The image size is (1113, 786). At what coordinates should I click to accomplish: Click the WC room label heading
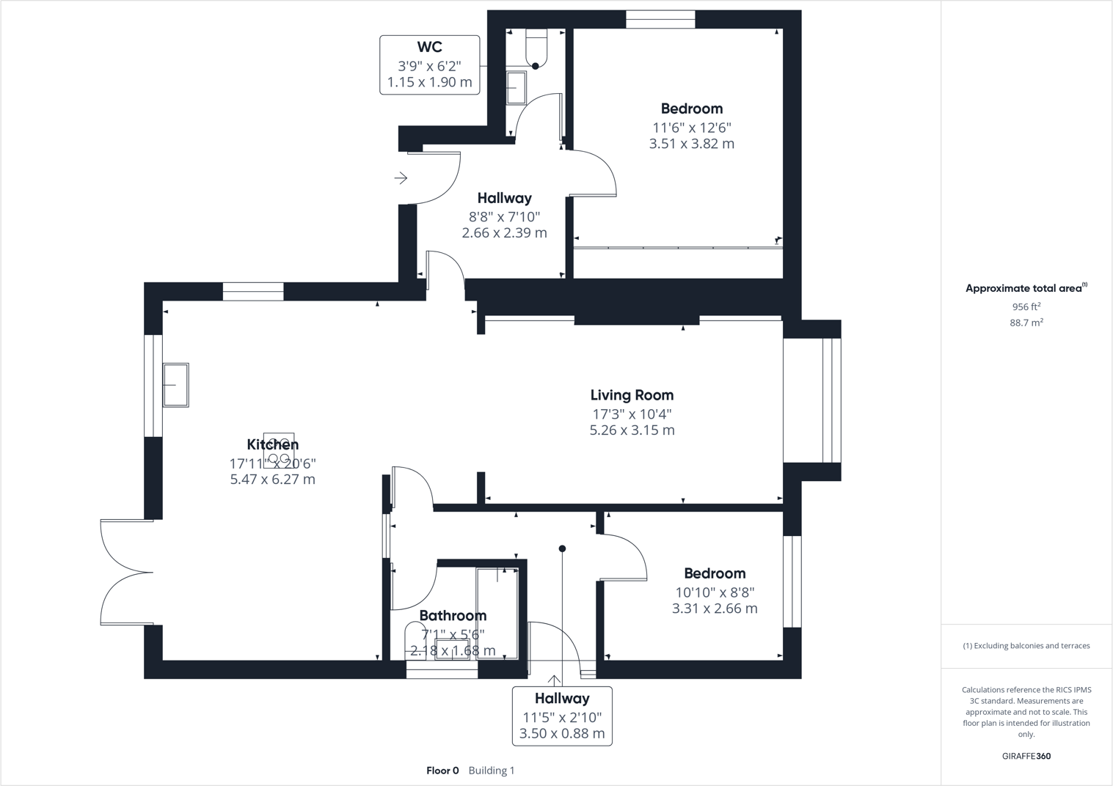[x=429, y=47]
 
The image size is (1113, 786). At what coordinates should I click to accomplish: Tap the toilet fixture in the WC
[x=536, y=48]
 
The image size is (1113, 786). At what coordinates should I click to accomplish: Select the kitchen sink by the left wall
[x=175, y=385]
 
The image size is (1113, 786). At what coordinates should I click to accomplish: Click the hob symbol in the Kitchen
[x=279, y=449]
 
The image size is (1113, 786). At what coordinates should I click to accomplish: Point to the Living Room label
[x=632, y=395]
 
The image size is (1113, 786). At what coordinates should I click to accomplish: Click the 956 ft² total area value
[x=1026, y=307]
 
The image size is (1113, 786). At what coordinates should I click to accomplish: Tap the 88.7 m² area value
[x=1026, y=323]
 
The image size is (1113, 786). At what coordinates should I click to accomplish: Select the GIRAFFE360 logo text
[x=1026, y=756]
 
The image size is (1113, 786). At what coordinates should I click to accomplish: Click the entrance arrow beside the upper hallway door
[x=401, y=178]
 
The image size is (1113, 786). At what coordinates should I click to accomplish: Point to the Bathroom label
[x=453, y=616]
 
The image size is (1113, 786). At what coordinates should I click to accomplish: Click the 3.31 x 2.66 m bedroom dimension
[x=715, y=609]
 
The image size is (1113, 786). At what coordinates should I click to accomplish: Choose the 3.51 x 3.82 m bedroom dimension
[x=691, y=144]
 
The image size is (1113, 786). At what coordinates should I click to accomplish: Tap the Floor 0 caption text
[x=442, y=771]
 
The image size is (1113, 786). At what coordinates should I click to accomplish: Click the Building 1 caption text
[x=492, y=771]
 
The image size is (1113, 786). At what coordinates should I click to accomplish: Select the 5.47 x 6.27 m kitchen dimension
[x=272, y=480]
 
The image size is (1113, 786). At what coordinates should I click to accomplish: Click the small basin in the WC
[x=517, y=88]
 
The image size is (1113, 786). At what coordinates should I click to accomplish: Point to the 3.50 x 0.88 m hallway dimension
[x=562, y=734]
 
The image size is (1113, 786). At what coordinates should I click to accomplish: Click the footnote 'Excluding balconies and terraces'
[x=1026, y=646]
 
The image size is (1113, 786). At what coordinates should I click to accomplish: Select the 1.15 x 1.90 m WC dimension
[x=429, y=82]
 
